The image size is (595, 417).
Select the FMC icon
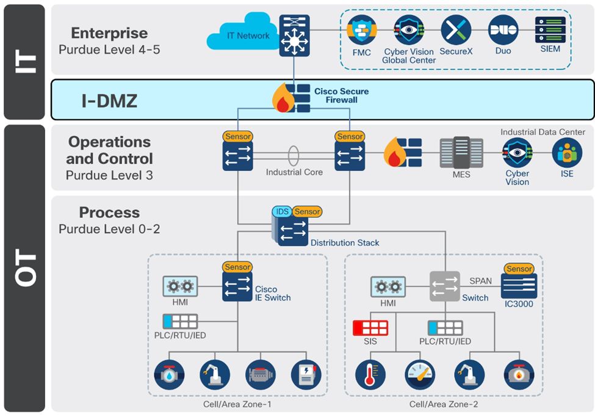point(361,30)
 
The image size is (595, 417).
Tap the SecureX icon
point(456,30)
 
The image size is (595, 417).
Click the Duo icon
point(503,30)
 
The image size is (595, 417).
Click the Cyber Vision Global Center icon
point(409,30)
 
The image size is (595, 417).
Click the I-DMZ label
point(109,101)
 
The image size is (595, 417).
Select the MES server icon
point(461,153)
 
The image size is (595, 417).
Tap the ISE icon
point(567,153)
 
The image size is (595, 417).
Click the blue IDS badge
point(282,211)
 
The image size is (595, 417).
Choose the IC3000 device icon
point(519,286)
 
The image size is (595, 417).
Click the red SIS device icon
point(370,327)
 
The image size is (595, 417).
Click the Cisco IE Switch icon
point(237,286)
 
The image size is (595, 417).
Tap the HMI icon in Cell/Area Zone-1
point(180,286)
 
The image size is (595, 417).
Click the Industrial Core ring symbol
point(294,155)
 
